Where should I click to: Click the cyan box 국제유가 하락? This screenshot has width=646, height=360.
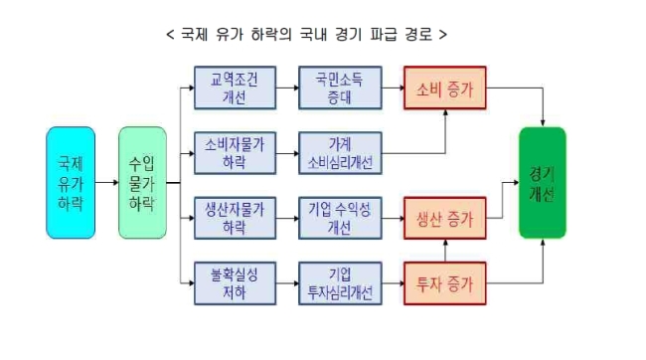(71, 183)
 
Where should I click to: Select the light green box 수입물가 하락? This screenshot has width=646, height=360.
(142, 183)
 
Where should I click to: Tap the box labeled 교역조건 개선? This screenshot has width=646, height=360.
(235, 88)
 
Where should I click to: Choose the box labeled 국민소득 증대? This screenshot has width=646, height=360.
(340, 88)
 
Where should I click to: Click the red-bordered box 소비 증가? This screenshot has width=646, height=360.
(445, 88)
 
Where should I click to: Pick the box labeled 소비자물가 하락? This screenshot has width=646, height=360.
(235, 153)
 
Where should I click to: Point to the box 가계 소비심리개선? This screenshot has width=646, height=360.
(340, 153)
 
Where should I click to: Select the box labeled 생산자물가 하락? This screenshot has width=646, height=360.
(235, 218)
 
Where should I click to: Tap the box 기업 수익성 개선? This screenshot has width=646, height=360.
(340, 218)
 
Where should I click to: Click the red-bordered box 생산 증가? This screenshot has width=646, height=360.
(445, 218)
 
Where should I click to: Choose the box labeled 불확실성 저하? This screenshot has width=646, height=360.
(235, 283)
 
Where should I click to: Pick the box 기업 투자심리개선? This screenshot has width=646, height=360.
(340, 283)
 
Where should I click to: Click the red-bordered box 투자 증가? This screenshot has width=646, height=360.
(445, 283)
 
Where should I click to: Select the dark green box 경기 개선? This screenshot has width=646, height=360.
(543, 183)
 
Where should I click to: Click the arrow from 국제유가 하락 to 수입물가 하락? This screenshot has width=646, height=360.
(106, 182)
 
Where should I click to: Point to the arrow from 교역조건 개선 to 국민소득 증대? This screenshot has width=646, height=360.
(287, 88)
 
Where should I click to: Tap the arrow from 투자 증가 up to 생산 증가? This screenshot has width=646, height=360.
(445, 251)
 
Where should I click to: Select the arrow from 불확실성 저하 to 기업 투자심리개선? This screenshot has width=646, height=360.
(287, 283)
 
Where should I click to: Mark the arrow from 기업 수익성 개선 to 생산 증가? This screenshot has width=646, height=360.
(393, 218)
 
